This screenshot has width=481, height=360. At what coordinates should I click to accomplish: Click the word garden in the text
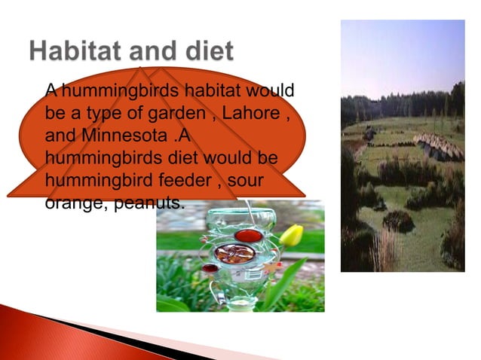(x=175, y=114)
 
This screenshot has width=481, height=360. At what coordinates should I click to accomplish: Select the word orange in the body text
(x=66, y=203)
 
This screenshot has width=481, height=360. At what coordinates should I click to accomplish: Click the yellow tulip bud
(x=292, y=236)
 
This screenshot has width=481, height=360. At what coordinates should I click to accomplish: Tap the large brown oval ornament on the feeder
(x=234, y=254)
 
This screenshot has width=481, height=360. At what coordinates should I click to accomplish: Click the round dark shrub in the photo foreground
(x=398, y=221)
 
